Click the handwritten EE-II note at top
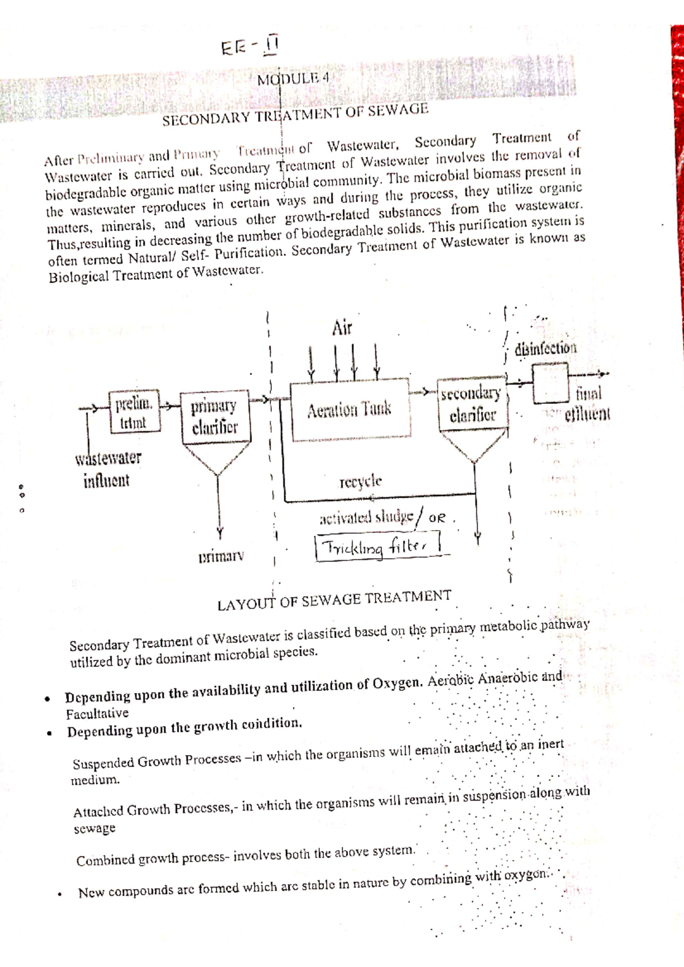(x=250, y=47)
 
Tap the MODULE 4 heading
(x=293, y=79)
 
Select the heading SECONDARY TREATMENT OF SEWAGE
(x=295, y=114)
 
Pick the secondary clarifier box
(x=471, y=404)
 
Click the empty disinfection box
(x=550, y=383)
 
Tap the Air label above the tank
(x=342, y=329)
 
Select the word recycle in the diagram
(x=360, y=481)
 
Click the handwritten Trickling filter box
(x=377, y=547)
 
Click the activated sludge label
(x=367, y=517)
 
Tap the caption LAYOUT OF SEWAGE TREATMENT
(x=334, y=600)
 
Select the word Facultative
(x=97, y=714)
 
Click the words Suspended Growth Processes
(x=157, y=761)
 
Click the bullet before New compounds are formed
(x=59, y=894)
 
